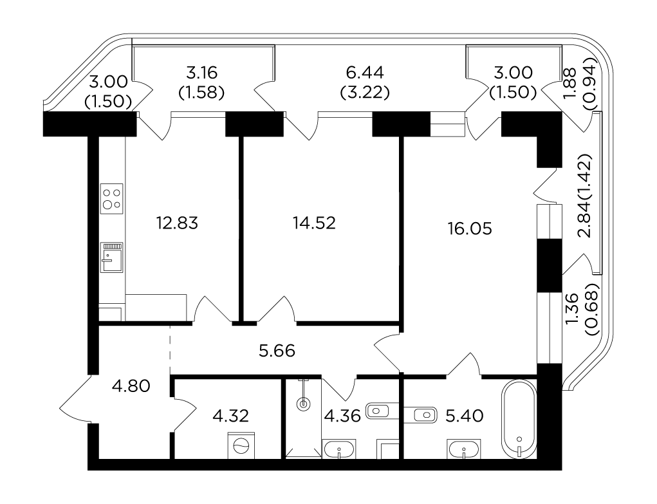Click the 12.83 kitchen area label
coord(177,223)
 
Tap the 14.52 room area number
coord(314,223)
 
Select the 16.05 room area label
coord(470,229)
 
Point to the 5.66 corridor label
coord(277,351)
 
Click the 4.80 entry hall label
coord(131,386)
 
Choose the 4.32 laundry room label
coord(230,416)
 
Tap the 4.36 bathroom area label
coord(343,416)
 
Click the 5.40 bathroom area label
coord(465,416)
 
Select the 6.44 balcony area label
coord(365,73)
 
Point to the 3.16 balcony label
coord(201,73)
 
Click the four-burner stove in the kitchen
coord(112,199)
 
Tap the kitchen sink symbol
coord(112,257)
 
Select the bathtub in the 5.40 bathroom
coord(519,419)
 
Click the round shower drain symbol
coord(303,405)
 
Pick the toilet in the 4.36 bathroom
coord(382,411)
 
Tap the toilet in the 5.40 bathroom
coord(420,415)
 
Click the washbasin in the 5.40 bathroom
coord(464,449)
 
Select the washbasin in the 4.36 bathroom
coord(339,449)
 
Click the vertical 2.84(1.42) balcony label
coord(584,196)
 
